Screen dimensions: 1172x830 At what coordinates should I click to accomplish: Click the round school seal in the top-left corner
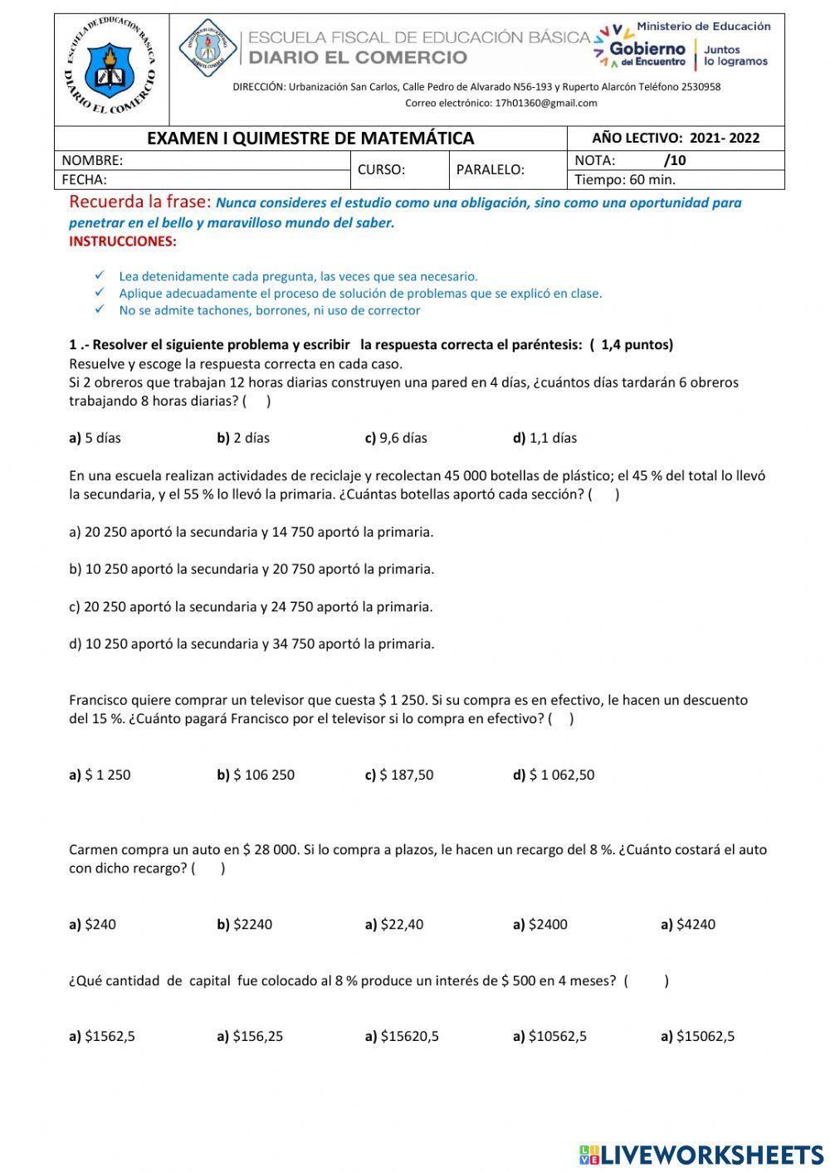tap(110, 70)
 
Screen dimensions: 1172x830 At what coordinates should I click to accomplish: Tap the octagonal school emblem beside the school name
tap(208, 48)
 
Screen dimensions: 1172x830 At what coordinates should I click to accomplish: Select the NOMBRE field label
tap(92, 160)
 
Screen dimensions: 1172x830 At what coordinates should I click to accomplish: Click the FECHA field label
tap(84, 179)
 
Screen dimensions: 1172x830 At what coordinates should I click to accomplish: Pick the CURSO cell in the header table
tap(381, 170)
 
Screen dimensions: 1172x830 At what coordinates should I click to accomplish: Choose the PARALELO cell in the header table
tap(490, 170)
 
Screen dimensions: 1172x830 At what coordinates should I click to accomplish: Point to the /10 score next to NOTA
tap(675, 160)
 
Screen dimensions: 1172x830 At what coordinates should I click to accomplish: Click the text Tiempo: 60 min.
tap(624, 179)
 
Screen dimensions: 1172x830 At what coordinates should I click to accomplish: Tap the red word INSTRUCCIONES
tap(122, 241)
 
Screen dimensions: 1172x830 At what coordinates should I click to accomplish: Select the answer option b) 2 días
tap(243, 438)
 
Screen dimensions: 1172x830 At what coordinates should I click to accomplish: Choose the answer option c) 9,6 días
tap(396, 438)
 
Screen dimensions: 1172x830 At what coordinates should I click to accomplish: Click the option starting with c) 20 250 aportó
tap(251, 606)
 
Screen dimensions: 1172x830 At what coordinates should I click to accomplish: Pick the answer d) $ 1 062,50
tap(554, 775)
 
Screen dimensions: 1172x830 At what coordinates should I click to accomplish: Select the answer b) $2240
tap(244, 924)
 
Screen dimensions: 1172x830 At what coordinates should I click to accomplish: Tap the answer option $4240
tap(688, 924)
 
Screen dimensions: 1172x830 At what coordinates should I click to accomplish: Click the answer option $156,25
tap(250, 1036)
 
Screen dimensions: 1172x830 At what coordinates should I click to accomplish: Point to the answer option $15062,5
tap(697, 1036)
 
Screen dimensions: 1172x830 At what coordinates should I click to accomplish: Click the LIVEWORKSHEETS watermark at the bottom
tap(701, 1155)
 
